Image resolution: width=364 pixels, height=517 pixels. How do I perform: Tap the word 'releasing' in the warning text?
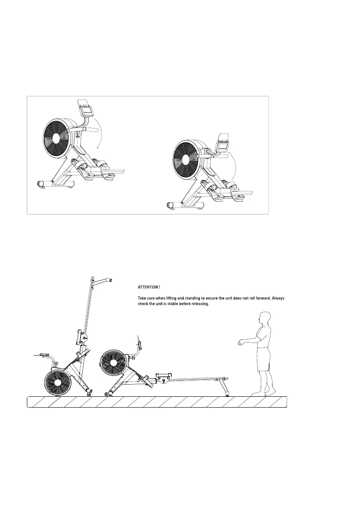point(199,304)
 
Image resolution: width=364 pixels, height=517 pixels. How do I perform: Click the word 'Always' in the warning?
point(276,299)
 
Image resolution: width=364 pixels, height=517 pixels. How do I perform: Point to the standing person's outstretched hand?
point(240,343)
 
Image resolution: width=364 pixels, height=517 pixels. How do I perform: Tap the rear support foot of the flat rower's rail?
point(226,393)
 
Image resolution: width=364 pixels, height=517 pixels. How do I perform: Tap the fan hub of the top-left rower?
point(56,138)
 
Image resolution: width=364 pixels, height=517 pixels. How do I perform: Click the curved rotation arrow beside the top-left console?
point(102,135)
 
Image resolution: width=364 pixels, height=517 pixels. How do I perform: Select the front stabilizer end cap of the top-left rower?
point(41,184)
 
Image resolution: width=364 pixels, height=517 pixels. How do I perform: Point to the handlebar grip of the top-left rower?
point(94,129)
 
